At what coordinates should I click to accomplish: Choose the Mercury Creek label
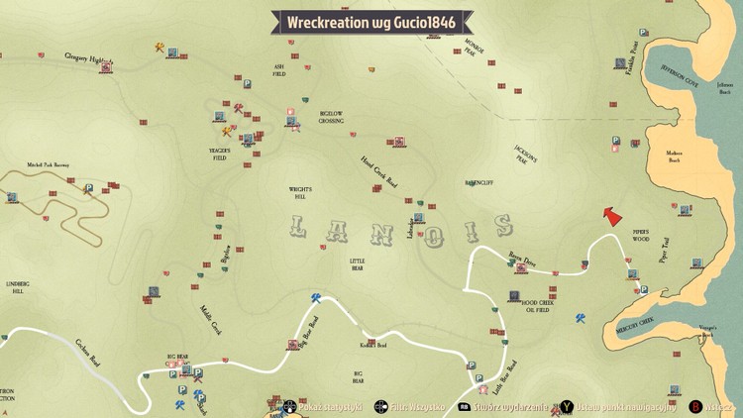(x=634, y=322)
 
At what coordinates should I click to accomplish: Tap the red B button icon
(x=696, y=406)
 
